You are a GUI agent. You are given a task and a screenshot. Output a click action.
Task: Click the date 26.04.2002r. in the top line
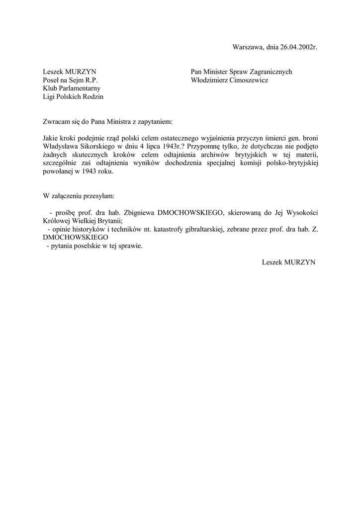(298, 47)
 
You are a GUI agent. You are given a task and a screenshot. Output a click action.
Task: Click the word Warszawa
(248, 47)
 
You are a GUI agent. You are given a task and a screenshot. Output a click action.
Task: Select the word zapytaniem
(154, 121)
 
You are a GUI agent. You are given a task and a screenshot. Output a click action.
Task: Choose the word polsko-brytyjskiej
(286, 163)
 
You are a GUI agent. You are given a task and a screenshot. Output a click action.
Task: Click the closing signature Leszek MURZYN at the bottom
(288, 262)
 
